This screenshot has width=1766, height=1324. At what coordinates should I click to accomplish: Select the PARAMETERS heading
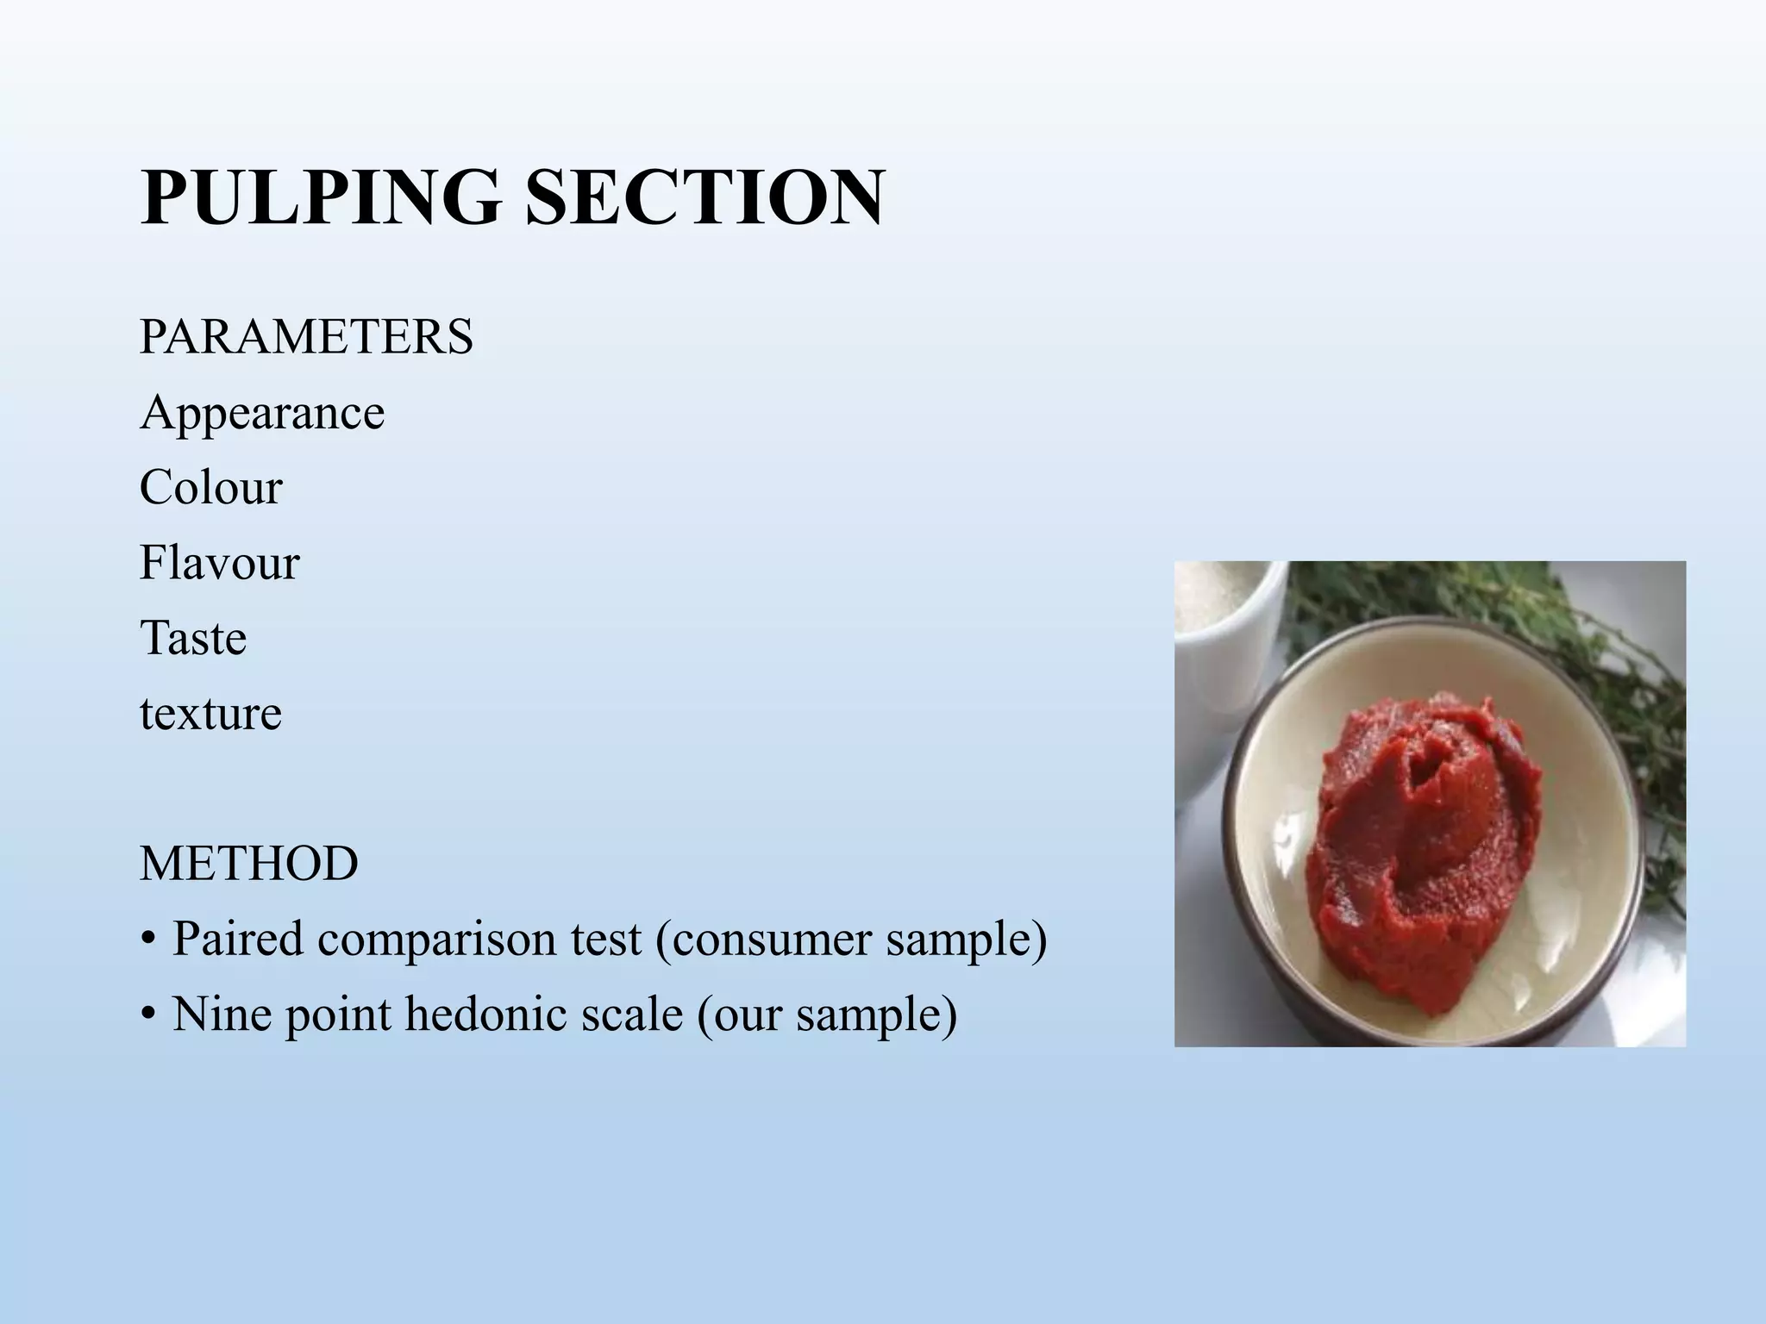(306, 336)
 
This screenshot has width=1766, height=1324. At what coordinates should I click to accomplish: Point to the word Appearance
(262, 413)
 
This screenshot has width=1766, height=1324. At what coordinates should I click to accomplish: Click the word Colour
(210, 488)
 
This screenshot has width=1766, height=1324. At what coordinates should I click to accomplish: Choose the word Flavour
(219, 563)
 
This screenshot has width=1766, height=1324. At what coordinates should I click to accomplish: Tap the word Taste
(193, 638)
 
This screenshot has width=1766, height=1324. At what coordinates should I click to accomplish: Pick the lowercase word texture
(210, 714)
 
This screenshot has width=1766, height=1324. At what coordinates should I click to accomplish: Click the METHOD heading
(249, 863)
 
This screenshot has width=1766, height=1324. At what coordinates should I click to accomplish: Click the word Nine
(222, 1014)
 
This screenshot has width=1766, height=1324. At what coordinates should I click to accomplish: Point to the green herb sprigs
(1595, 690)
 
